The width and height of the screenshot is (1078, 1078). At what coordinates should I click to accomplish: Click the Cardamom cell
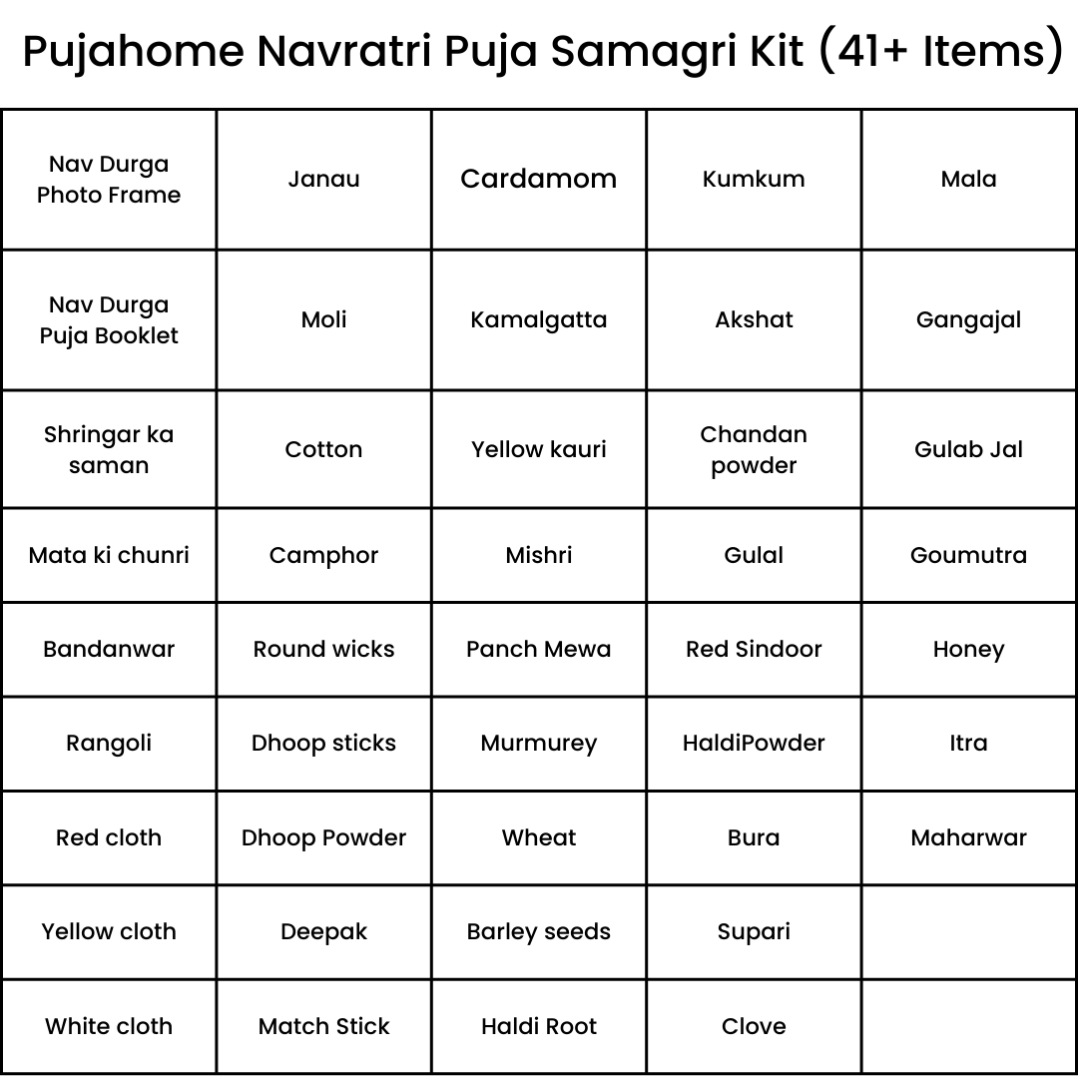[539, 180]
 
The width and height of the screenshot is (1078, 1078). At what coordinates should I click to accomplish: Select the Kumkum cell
[754, 180]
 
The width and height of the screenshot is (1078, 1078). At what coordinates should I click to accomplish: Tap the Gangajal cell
[968, 320]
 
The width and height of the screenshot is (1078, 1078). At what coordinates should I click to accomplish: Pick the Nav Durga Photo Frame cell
[109, 180]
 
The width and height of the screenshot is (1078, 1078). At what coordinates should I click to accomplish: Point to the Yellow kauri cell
[539, 449]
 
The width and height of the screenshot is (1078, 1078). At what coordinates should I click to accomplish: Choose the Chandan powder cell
[754, 449]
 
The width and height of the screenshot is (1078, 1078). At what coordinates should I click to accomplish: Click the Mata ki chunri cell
[109, 555]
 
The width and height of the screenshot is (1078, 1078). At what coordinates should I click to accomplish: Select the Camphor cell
[323, 555]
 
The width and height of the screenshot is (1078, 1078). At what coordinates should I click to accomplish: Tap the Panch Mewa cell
[539, 649]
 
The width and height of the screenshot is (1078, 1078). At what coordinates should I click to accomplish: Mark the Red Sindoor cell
[754, 649]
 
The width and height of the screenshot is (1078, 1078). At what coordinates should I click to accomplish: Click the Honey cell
[968, 649]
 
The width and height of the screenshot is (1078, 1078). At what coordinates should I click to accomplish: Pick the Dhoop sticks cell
[323, 743]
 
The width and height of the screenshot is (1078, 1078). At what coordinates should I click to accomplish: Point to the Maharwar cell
[968, 837]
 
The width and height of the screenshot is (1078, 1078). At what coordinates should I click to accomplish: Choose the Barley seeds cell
[539, 931]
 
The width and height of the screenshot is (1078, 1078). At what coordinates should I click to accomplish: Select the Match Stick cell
[323, 1026]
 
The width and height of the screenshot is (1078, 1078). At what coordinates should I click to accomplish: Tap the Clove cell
[754, 1026]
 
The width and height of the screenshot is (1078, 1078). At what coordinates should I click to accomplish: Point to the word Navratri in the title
[344, 50]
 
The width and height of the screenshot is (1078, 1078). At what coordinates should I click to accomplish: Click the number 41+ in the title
[875, 50]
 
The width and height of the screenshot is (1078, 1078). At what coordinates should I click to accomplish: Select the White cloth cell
[109, 1026]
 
